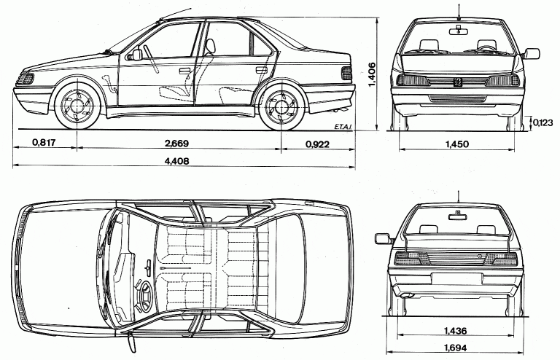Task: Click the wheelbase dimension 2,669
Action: coord(178,143)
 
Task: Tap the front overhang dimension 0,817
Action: coord(44,143)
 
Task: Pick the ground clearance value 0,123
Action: coord(542,122)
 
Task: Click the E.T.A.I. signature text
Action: coord(341,128)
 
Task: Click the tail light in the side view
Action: coord(346,72)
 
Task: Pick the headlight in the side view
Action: coord(26,77)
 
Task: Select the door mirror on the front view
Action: coord(532,53)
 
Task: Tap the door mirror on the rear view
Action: coord(382,238)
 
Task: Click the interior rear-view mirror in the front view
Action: coord(458,30)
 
